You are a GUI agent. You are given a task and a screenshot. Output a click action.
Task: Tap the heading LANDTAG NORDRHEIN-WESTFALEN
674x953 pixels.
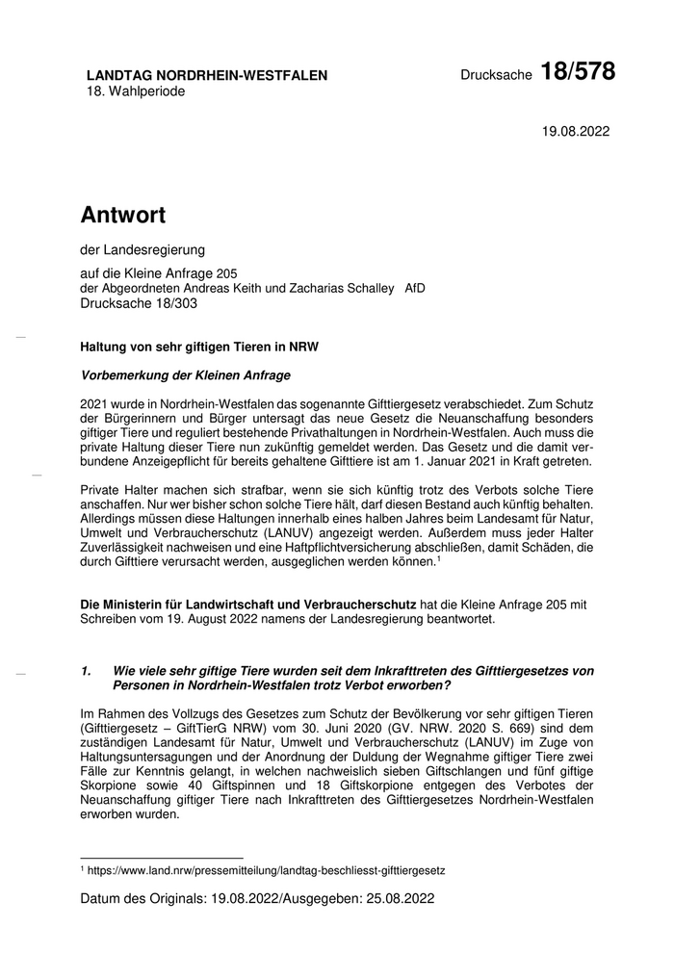coord(207,75)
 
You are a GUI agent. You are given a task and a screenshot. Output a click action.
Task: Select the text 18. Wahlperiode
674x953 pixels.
coord(136,91)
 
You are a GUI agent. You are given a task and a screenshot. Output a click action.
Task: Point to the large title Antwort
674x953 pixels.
coord(123,215)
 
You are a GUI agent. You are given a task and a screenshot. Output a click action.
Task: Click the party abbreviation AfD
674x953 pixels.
coord(415,288)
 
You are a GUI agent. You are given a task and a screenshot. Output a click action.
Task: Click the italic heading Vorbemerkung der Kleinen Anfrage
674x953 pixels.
coord(186,374)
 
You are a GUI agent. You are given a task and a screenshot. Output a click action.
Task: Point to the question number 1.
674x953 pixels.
coord(86,670)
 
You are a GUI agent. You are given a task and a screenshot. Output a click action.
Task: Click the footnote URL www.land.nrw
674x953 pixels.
coord(265,870)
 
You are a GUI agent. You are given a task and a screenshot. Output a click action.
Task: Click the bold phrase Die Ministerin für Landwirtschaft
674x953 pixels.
coord(247,604)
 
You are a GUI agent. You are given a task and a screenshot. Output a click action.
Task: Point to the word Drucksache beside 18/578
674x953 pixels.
coord(496,76)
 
